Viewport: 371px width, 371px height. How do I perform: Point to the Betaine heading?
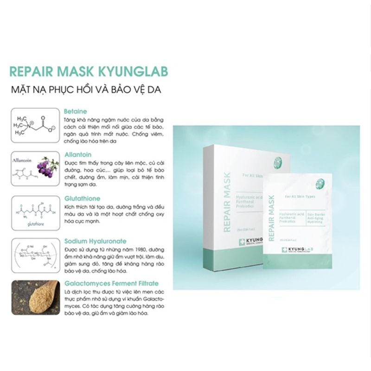tap(76, 112)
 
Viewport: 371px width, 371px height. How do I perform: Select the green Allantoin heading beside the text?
tap(78, 154)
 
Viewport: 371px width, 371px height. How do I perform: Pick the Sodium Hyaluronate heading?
tap(96, 241)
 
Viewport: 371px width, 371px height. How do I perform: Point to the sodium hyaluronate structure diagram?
tap(35, 256)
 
